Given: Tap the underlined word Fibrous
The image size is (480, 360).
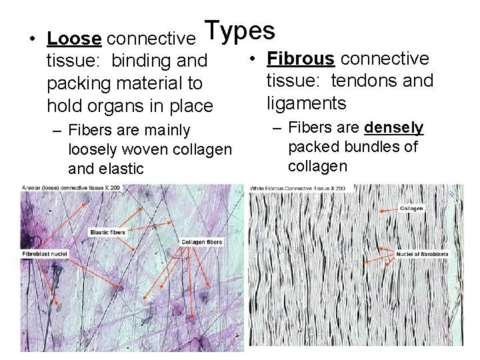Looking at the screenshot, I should coord(301,59).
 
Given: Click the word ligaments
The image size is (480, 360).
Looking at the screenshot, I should coord(307,103).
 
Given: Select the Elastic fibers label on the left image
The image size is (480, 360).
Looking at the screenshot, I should coord(108,232).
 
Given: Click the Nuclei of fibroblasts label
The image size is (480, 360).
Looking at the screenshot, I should coord(422,254).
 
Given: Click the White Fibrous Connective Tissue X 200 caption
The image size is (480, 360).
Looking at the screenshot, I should coord(298,189).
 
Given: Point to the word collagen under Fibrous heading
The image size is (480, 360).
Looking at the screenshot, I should coord(317,165).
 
